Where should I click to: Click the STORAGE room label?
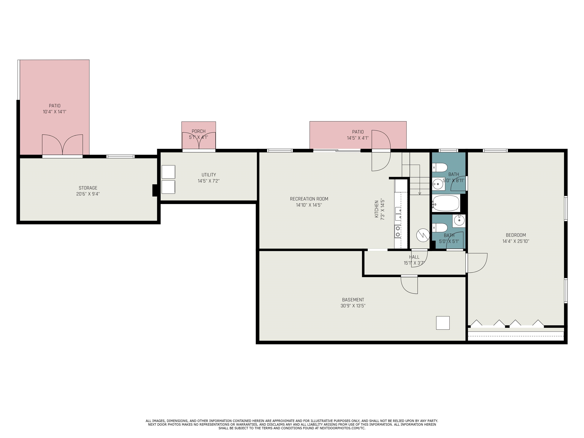88,188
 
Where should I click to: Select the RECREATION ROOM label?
309,199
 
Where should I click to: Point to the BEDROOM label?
516,235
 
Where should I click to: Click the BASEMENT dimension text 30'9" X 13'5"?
353,306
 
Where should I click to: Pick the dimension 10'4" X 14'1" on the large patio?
55,112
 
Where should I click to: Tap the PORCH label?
198,131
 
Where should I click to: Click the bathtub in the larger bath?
446,203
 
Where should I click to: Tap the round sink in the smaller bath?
459,220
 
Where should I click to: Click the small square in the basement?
443,323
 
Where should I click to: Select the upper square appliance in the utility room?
168,172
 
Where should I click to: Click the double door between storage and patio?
62,145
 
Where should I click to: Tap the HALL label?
414,257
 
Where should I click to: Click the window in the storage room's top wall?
120,157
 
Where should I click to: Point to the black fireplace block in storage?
155,190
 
